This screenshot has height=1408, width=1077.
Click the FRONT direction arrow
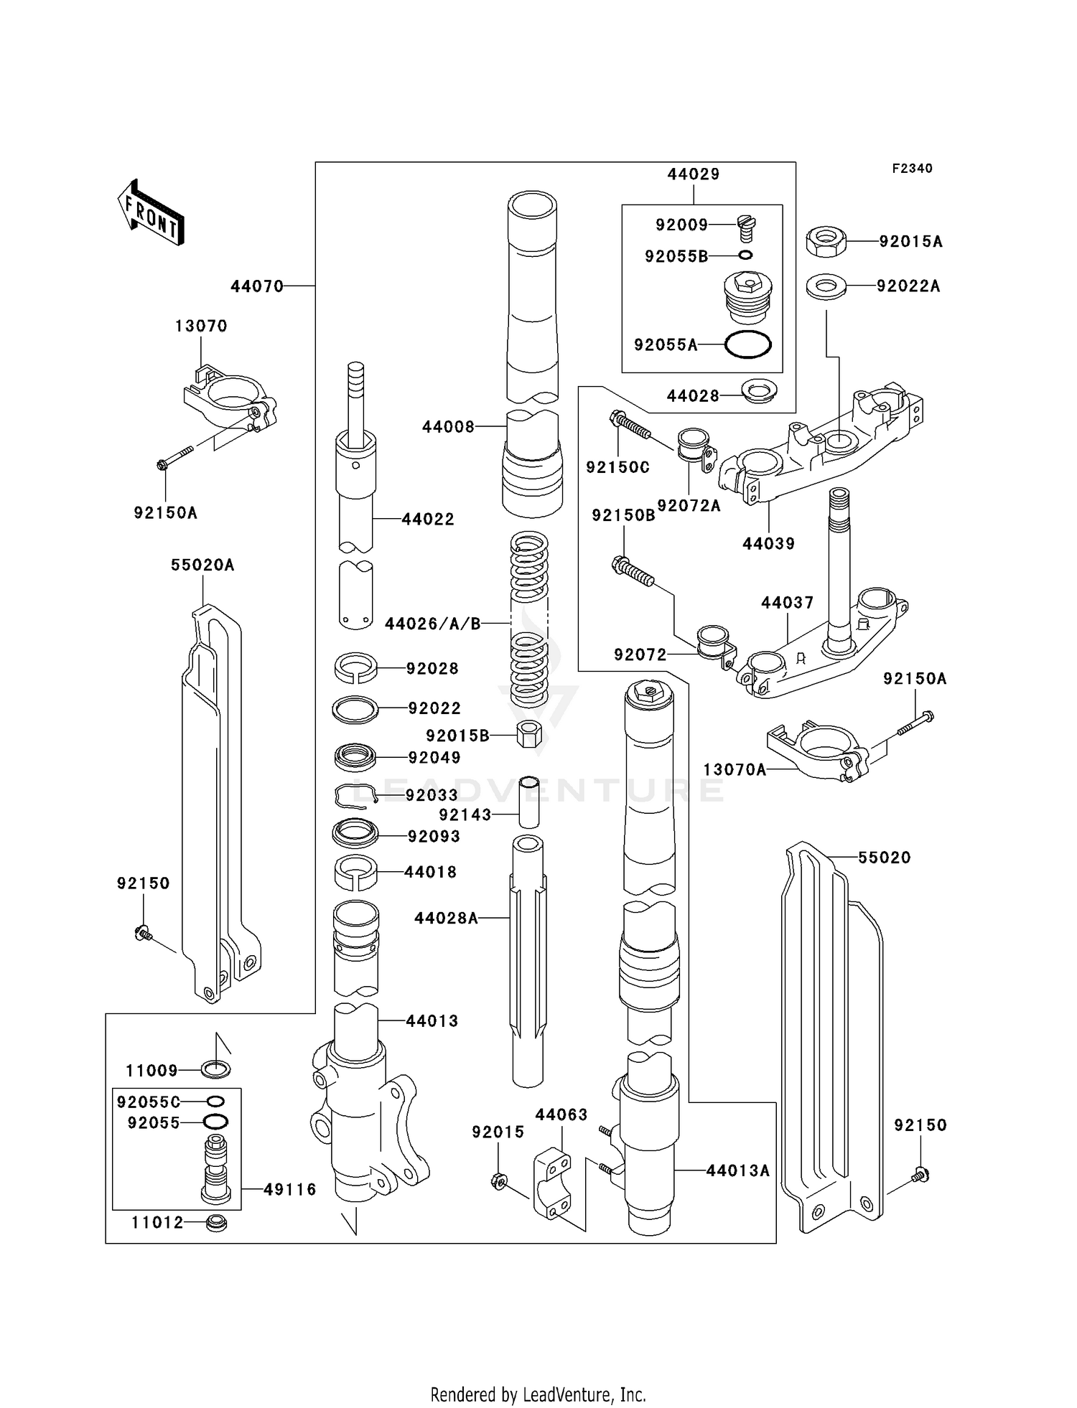pyautogui.click(x=151, y=213)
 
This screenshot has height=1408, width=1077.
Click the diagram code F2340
pyautogui.click(x=912, y=169)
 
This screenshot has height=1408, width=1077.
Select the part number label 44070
pyautogui.click(x=257, y=286)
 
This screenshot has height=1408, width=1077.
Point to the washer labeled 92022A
pyautogui.click(x=826, y=287)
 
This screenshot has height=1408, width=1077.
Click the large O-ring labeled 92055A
pyautogui.click(x=747, y=345)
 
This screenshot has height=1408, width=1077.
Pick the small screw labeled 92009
pyautogui.click(x=747, y=229)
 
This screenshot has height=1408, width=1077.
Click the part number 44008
pyautogui.click(x=448, y=427)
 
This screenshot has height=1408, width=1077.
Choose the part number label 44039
pyautogui.click(x=768, y=544)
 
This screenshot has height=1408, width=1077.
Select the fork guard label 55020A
pyautogui.click(x=202, y=565)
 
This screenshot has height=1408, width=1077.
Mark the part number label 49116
pyautogui.click(x=289, y=1190)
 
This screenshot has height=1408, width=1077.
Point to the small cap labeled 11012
pyautogui.click(x=216, y=1223)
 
